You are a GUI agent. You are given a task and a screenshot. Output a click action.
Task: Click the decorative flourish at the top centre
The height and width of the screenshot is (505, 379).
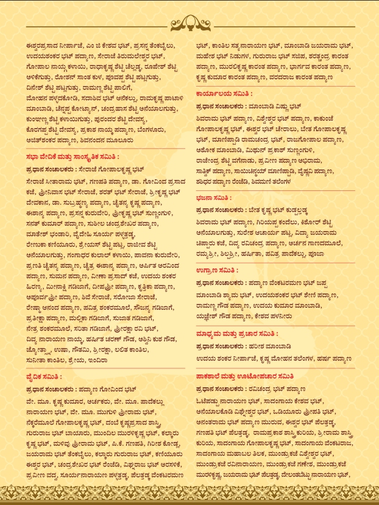point(189,24)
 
